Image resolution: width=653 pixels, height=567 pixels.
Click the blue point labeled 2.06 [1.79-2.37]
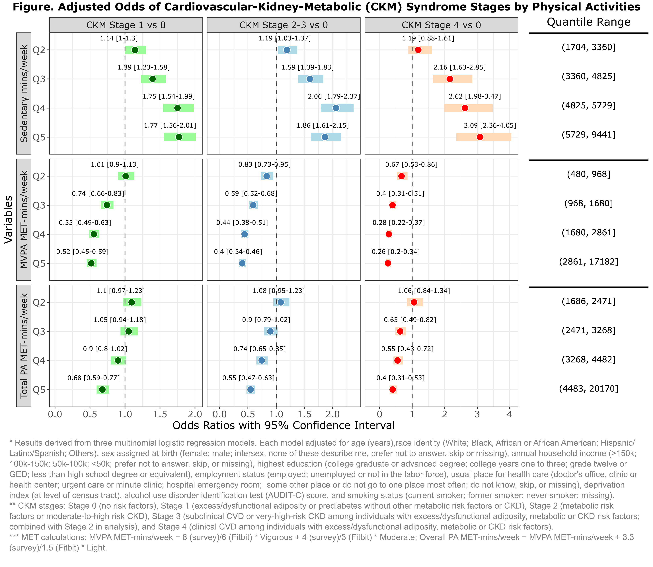pos(336,108)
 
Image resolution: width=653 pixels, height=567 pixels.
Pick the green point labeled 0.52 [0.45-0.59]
pos(91,263)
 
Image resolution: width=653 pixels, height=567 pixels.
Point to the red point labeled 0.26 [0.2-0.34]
pos(388,263)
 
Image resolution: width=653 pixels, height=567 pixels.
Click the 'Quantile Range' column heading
pos(588,22)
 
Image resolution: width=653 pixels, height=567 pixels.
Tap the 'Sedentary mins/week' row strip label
pos(24,93)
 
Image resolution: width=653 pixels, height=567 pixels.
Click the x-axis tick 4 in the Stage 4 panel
pos(509,414)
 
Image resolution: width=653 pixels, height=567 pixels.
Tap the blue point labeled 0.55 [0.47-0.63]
pos(250,390)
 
